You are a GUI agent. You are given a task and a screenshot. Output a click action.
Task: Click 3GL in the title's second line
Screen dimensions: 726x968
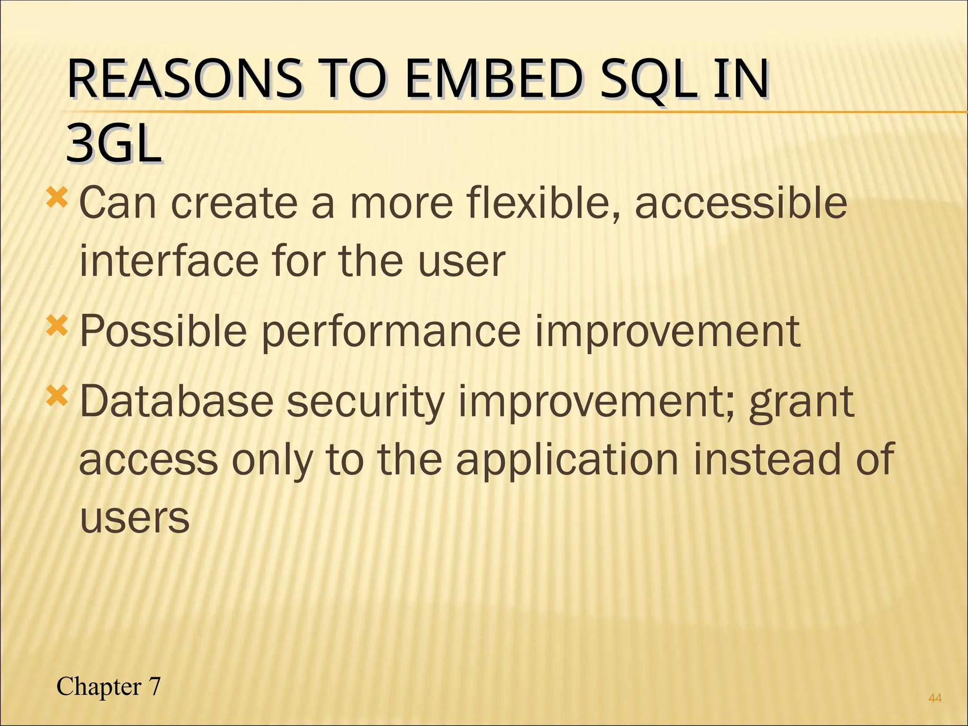(x=113, y=143)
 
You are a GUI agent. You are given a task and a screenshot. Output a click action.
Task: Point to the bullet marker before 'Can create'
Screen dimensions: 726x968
(x=57, y=198)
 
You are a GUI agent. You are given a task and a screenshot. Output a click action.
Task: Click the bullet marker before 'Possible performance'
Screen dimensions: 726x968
(x=57, y=326)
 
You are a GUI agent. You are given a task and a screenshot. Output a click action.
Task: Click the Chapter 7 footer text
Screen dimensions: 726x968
(x=108, y=686)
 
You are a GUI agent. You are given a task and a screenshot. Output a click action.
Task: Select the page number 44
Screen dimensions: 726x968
(x=935, y=698)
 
